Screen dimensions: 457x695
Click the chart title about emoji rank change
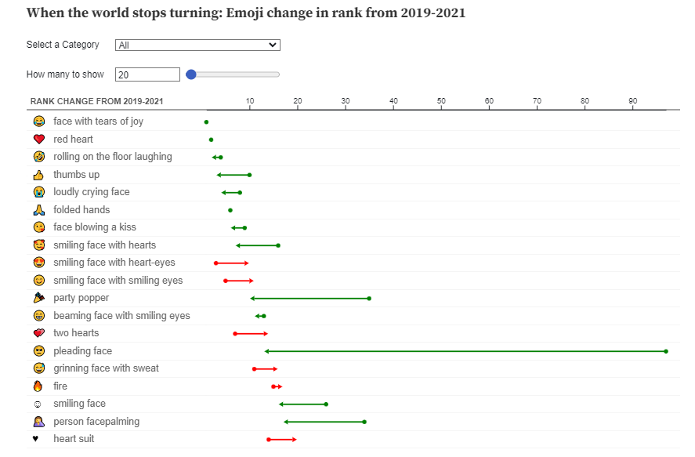[x=246, y=13]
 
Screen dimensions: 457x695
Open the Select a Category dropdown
[x=197, y=45]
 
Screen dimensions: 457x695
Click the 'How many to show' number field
[x=147, y=74]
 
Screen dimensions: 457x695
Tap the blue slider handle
[x=190, y=74]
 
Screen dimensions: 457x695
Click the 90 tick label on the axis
[x=633, y=101]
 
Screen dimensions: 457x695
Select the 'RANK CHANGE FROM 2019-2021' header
[x=97, y=102]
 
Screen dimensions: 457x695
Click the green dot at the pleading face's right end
[x=666, y=351]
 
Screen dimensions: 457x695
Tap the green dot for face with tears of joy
[x=206, y=122]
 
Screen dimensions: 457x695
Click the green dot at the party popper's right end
[x=369, y=299]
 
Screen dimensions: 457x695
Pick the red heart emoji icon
[x=39, y=140]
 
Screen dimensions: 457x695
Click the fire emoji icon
[x=39, y=386]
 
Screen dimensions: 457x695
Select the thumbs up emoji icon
[x=39, y=175]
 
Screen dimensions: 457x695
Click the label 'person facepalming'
[x=96, y=422]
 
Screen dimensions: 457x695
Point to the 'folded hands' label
[x=81, y=210]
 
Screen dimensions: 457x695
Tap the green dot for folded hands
[x=230, y=210]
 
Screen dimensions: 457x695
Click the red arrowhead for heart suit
[x=294, y=440]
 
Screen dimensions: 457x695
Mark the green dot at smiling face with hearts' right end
[x=278, y=245]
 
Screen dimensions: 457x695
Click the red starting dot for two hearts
[x=235, y=334]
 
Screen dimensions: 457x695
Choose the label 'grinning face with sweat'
[x=106, y=368]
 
